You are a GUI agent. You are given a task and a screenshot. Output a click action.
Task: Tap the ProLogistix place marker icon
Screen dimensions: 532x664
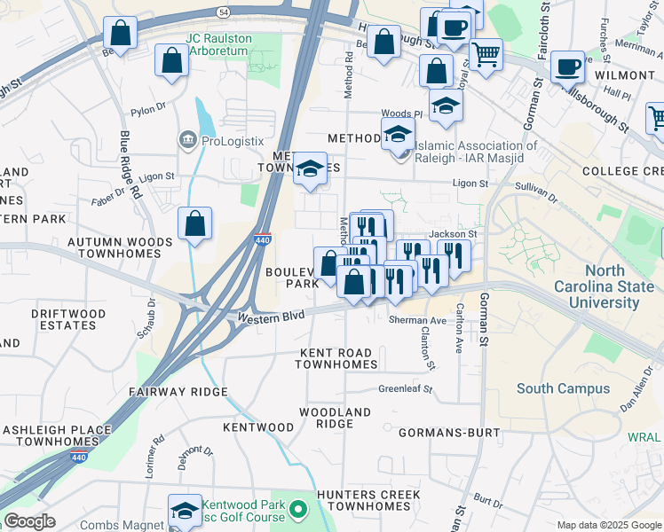(x=187, y=139)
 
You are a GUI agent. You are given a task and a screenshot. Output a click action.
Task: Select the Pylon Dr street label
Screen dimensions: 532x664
(x=148, y=111)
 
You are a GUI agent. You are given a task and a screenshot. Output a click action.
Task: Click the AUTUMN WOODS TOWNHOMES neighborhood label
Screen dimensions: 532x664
(x=119, y=247)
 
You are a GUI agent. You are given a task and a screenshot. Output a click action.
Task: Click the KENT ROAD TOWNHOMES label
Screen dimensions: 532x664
(x=336, y=359)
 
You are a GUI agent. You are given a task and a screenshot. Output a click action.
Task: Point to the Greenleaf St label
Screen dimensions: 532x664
(x=405, y=388)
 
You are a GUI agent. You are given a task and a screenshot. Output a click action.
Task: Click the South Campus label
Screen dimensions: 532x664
(x=563, y=388)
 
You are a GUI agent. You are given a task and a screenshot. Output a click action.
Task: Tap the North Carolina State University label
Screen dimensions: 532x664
(x=596, y=287)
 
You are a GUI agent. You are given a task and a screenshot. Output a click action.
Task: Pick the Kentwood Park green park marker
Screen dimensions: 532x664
(x=299, y=510)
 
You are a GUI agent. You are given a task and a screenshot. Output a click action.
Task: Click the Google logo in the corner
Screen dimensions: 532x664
(x=29, y=521)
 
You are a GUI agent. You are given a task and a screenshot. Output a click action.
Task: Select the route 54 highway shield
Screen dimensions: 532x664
(x=224, y=12)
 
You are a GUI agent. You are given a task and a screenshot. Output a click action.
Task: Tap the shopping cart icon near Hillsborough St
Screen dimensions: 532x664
(x=486, y=54)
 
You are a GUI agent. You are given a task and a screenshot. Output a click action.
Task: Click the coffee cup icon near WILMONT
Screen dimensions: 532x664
(x=567, y=66)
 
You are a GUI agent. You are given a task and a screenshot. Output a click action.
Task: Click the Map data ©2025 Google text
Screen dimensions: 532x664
(x=608, y=525)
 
